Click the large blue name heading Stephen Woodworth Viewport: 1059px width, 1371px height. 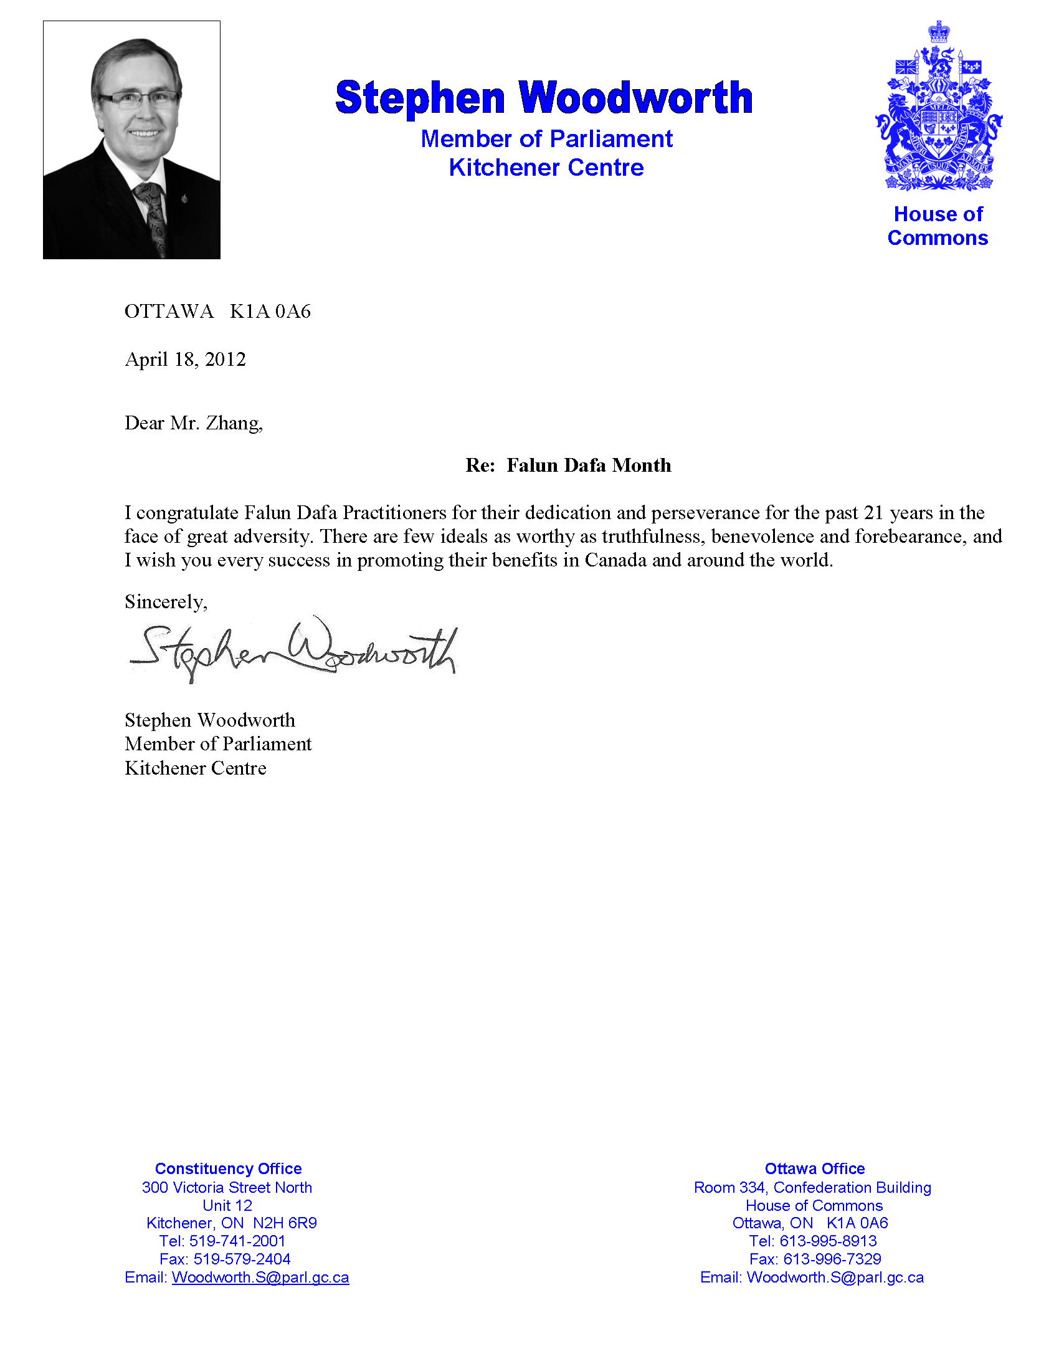click(543, 98)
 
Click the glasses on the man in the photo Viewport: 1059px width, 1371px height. click(139, 98)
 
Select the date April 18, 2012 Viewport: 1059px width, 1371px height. click(185, 359)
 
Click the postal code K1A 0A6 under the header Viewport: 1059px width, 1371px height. click(270, 312)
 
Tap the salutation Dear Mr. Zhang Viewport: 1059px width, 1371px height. click(193, 423)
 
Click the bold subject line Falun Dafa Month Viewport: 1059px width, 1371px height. click(589, 465)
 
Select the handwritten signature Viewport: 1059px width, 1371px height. click(293, 650)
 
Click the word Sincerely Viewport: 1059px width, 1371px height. click(166, 602)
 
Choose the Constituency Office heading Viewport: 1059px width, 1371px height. click(229, 1168)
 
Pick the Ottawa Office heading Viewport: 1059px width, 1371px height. click(814, 1168)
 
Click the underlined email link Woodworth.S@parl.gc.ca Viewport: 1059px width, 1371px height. click(260, 1278)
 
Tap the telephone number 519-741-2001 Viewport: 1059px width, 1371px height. click(237, 1241)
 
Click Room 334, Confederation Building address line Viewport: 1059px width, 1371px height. click(812, 1187)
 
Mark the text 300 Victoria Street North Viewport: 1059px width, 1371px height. click(227, 1187)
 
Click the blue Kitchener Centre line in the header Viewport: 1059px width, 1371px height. click(546, 168)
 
